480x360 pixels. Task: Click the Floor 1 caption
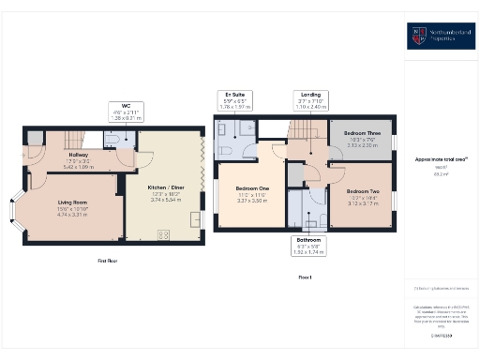304,277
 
